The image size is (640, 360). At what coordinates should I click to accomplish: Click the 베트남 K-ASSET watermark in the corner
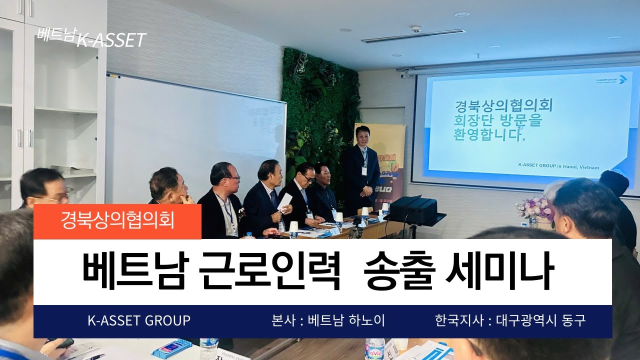click(91, 39)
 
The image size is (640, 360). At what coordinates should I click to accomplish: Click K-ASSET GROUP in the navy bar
click(139, 320)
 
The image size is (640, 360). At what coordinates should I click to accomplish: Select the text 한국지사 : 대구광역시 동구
click(510, 320)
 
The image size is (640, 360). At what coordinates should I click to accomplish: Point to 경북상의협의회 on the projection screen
click(503, 106)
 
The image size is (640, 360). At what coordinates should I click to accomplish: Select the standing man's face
click(360, 135)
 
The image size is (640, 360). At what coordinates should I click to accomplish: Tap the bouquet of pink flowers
click(534, 208)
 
